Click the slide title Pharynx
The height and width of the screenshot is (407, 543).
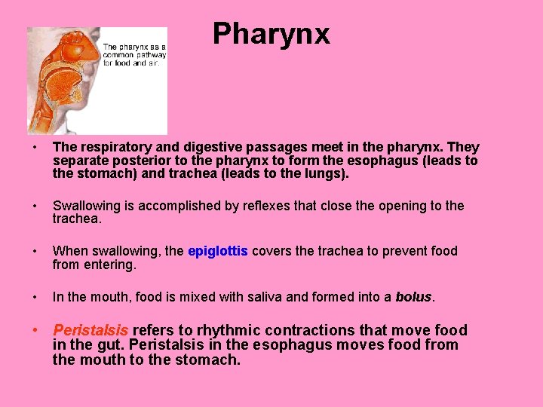click(271, 34)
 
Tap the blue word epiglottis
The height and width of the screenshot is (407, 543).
click(217, 251)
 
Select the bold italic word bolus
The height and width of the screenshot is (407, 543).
click(414, 297)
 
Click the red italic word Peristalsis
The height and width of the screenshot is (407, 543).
click(90, 330)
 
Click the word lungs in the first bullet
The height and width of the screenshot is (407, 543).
click(327, 174)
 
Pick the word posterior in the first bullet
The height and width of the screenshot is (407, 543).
click(136, 161)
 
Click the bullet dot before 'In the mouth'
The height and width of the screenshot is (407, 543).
click(35, 297)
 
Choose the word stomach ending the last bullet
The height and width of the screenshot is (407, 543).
click(211, 360)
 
